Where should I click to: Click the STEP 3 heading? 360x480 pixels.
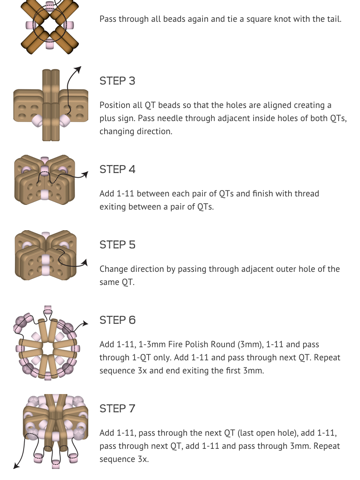[117, 81]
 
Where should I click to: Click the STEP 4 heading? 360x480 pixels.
[117, 169]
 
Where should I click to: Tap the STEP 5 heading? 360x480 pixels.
[117, 245]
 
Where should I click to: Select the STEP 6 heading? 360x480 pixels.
[117, 320]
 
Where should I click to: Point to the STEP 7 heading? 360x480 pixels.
[117, 408]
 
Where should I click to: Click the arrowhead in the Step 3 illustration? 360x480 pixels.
[78, 69]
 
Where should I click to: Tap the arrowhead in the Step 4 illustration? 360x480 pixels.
[85, 174]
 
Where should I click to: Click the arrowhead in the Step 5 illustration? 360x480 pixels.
[85, 263]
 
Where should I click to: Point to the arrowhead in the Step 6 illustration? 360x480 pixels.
[85, 323]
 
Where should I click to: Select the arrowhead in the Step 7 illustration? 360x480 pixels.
[16, 466]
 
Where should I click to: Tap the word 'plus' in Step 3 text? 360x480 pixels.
[107, 119]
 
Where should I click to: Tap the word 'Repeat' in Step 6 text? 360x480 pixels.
[327, 358]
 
